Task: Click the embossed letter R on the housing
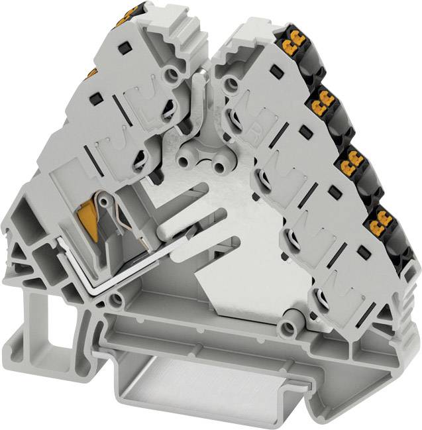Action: click(x=261, y=121)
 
